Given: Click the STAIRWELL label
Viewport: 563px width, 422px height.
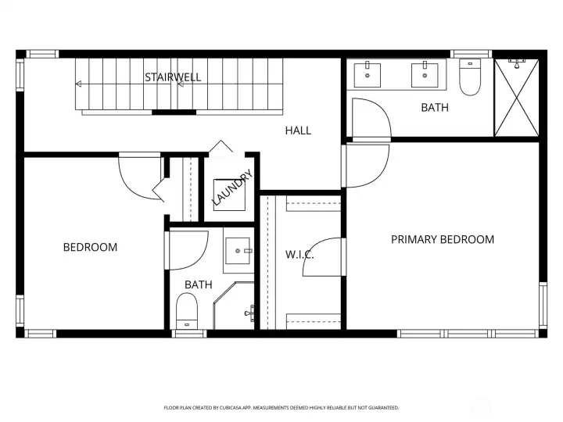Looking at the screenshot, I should pos(173,77).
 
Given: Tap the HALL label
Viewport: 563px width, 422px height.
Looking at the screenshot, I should pos(298,131).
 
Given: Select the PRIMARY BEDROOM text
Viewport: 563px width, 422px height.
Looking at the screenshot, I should pos(443,240).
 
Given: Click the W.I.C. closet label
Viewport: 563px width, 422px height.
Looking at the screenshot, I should pos(300,254).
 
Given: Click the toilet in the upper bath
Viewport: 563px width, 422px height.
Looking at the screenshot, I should pos(470,78).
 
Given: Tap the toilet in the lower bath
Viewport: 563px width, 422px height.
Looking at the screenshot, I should pos(186,311).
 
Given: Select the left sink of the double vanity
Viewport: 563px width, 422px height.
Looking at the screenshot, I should pos(367,75).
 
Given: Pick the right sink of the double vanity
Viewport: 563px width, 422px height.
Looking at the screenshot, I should pos(425,75).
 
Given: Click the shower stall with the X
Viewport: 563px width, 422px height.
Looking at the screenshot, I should pos(516,97).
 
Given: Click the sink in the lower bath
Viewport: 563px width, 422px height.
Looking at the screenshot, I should pos(239,252).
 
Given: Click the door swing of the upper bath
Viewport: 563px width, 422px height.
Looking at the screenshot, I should pos(369,117).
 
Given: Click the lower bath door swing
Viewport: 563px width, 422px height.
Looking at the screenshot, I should pos(188,250).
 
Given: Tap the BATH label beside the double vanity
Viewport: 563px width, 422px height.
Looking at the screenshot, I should pos(435,108).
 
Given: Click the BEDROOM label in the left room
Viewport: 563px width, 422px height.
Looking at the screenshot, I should pos(90,247).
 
